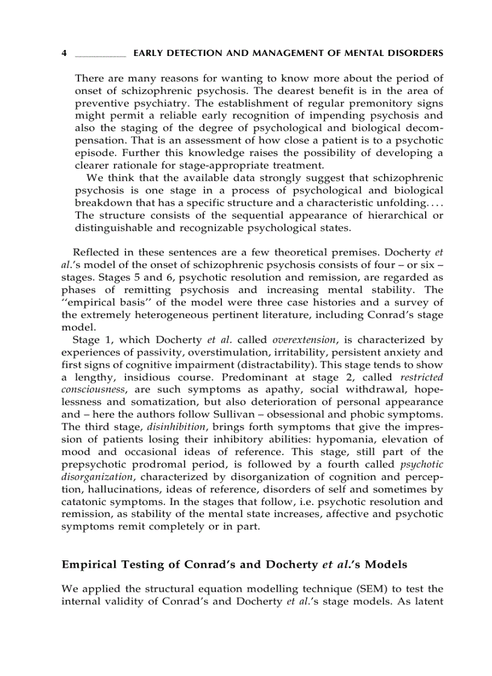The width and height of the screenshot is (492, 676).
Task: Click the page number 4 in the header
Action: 64,54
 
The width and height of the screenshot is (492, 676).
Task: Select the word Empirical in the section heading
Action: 89,565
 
